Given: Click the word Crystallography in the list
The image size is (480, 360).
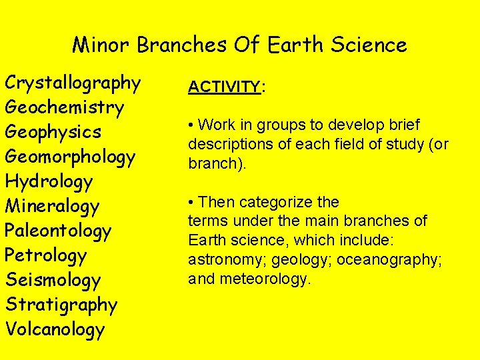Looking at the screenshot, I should point(73,83).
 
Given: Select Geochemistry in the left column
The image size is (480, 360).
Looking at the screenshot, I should point(64,107).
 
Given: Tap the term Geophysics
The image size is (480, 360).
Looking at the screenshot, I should point(53,132).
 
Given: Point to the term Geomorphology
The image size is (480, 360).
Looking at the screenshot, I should point(70,157).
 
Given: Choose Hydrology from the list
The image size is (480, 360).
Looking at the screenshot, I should point(49,181).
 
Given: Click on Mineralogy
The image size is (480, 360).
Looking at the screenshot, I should point(52,206).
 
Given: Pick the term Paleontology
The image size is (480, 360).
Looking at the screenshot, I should point(58,231).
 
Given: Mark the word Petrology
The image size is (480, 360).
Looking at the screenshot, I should point(45,255).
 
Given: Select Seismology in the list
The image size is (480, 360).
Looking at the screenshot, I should point(53,280).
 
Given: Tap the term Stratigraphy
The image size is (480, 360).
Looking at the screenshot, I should point(61,305).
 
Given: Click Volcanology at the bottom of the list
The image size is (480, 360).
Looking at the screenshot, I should point(55,329).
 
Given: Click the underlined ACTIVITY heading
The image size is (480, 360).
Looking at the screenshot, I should point(224,87).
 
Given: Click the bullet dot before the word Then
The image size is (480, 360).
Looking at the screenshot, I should point(191,202).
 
